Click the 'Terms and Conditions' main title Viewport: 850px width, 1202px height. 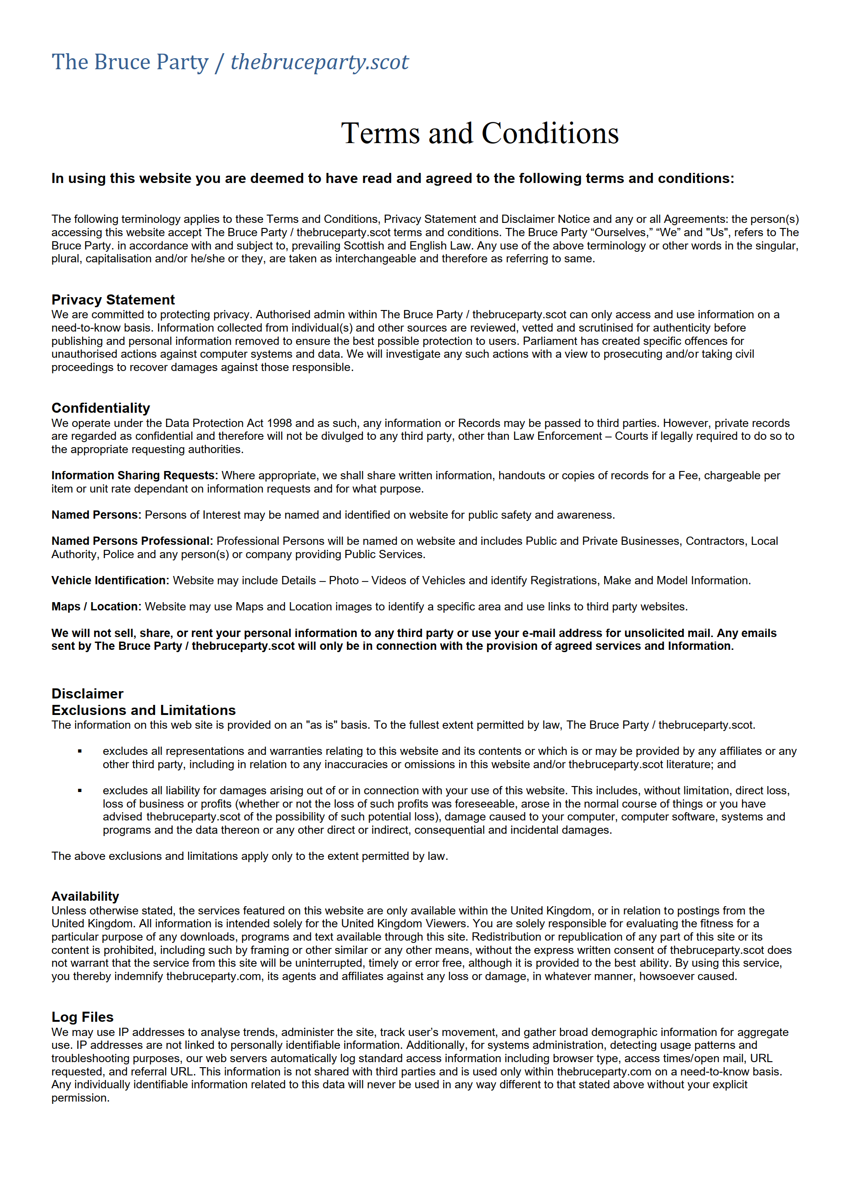(479, 133)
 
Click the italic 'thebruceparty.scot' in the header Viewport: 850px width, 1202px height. (319, 62)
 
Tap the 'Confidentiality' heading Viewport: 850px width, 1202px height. (100, 408)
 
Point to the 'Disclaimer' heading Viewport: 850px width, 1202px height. (87, 694)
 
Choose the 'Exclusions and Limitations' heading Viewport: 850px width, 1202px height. (143, 710)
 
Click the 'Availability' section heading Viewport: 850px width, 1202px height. (85, 896)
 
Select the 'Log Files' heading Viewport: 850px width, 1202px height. (82, 1017)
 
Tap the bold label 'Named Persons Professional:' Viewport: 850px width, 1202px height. (132, 541)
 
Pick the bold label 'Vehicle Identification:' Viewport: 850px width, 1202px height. (110, 580)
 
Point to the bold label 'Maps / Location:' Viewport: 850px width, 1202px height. (96, 606)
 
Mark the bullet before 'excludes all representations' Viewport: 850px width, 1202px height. (80, 751)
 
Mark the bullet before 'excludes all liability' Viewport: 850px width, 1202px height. (80, 791)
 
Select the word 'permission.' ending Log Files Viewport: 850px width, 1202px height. (80, 1098)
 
